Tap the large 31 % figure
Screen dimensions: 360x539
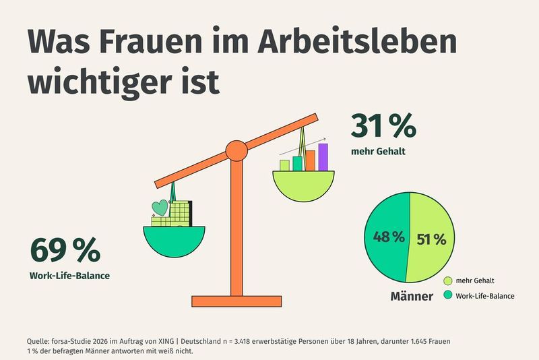[x=383, y=126]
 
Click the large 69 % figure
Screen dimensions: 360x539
[x=65, y=250]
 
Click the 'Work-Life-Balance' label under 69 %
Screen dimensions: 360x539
[x=69, y=275]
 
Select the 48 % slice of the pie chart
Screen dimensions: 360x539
[x=385, y=237]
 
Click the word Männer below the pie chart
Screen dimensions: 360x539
[x=412, y=296]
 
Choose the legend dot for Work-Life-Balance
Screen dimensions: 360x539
[x=448, y=295]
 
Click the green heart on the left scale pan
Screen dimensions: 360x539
[x=160, y=207]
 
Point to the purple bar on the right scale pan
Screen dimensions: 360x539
[x=323, y=157]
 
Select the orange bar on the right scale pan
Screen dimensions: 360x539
[x=310, y=160]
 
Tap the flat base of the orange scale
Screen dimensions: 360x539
[x=236, y=301]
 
